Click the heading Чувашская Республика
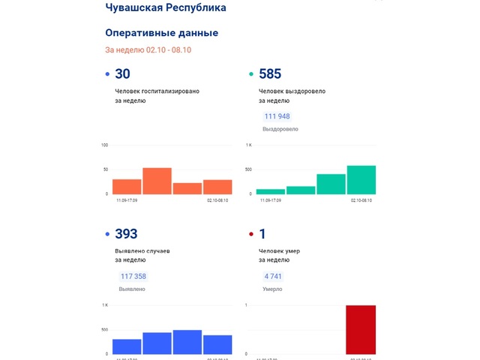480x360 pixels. point(165,7)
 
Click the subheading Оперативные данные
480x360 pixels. point(161,33)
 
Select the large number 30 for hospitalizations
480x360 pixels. point(122,73)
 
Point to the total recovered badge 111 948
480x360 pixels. point(277,116)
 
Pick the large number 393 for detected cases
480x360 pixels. point(126,234)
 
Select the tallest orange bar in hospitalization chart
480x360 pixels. point(157,181)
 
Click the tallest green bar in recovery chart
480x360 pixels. point(361,180)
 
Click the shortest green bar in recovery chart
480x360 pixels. point(271,191)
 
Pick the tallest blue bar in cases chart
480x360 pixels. point(187,341)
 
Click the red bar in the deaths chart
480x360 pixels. point(361,330)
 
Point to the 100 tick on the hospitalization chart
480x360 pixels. point(105,145)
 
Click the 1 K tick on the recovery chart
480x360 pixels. point(249,145)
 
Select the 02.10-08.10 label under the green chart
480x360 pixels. point(361,201)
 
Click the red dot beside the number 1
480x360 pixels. point(250,235)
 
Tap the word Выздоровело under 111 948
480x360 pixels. point(280,129)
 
